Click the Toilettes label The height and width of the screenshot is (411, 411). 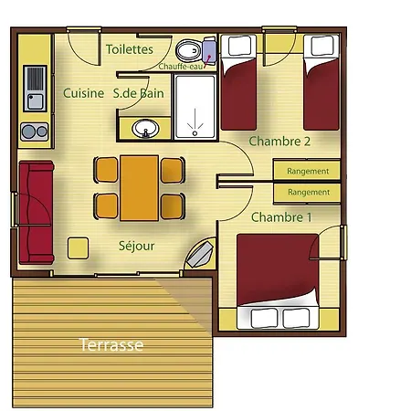[130, 49]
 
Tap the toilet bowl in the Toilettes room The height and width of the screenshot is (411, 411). [188, 51]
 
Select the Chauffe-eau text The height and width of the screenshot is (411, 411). [181, 67]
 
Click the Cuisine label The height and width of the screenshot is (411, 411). [84, 93]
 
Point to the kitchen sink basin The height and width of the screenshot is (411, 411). [36, 101]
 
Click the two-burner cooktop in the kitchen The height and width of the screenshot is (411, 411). [35, 132]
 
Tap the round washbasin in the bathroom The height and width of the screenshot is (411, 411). [145, 129]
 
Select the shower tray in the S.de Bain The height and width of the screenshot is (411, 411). [195, 107]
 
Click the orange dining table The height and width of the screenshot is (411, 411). [139, 188]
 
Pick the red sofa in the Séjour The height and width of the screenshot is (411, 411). [37, 213]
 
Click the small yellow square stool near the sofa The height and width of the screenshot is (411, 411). [79, 248]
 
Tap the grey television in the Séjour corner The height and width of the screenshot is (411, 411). [199, 254]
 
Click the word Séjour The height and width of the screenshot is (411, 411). [137, 246]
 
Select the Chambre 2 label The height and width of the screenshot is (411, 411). [279, 142]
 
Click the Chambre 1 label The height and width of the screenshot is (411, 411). [281, 217]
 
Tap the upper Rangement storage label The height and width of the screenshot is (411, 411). [308, 172]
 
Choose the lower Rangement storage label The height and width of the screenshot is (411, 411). [309, 193]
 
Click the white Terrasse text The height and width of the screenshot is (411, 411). [111, 345]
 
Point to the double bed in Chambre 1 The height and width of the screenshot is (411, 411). [278, 281]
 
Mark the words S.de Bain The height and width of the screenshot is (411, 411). [139, 93]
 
